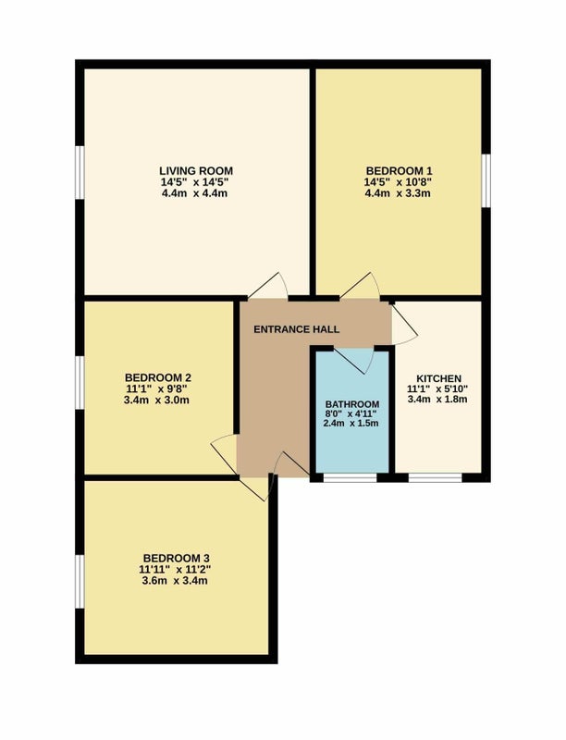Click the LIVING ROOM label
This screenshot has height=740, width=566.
coord(196,170)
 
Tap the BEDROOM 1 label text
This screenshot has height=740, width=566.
coord(399,170)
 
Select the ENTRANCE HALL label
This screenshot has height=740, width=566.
coord(297,329)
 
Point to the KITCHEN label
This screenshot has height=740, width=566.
coord(438,378)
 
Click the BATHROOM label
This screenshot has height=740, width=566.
coord(352,404)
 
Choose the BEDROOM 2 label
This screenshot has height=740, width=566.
coord(158,377)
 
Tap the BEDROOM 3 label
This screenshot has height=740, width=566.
coord(176,558)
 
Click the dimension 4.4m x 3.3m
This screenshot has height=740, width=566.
coord(398,193)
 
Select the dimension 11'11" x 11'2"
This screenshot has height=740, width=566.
coord(175,569)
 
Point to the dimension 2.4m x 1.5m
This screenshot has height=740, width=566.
coord(351,424)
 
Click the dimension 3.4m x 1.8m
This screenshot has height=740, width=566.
coord(437,400)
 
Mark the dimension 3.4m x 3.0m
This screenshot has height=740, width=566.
coord(156,401)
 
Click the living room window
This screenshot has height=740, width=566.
coord(80,172)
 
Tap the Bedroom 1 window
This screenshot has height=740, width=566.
coord(486,180)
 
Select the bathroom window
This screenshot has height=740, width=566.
coord(350,477)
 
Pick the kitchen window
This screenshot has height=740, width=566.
coord(435,477)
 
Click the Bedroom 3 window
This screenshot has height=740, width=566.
coord(80,581)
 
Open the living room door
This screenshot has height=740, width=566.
coord(268,286)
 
